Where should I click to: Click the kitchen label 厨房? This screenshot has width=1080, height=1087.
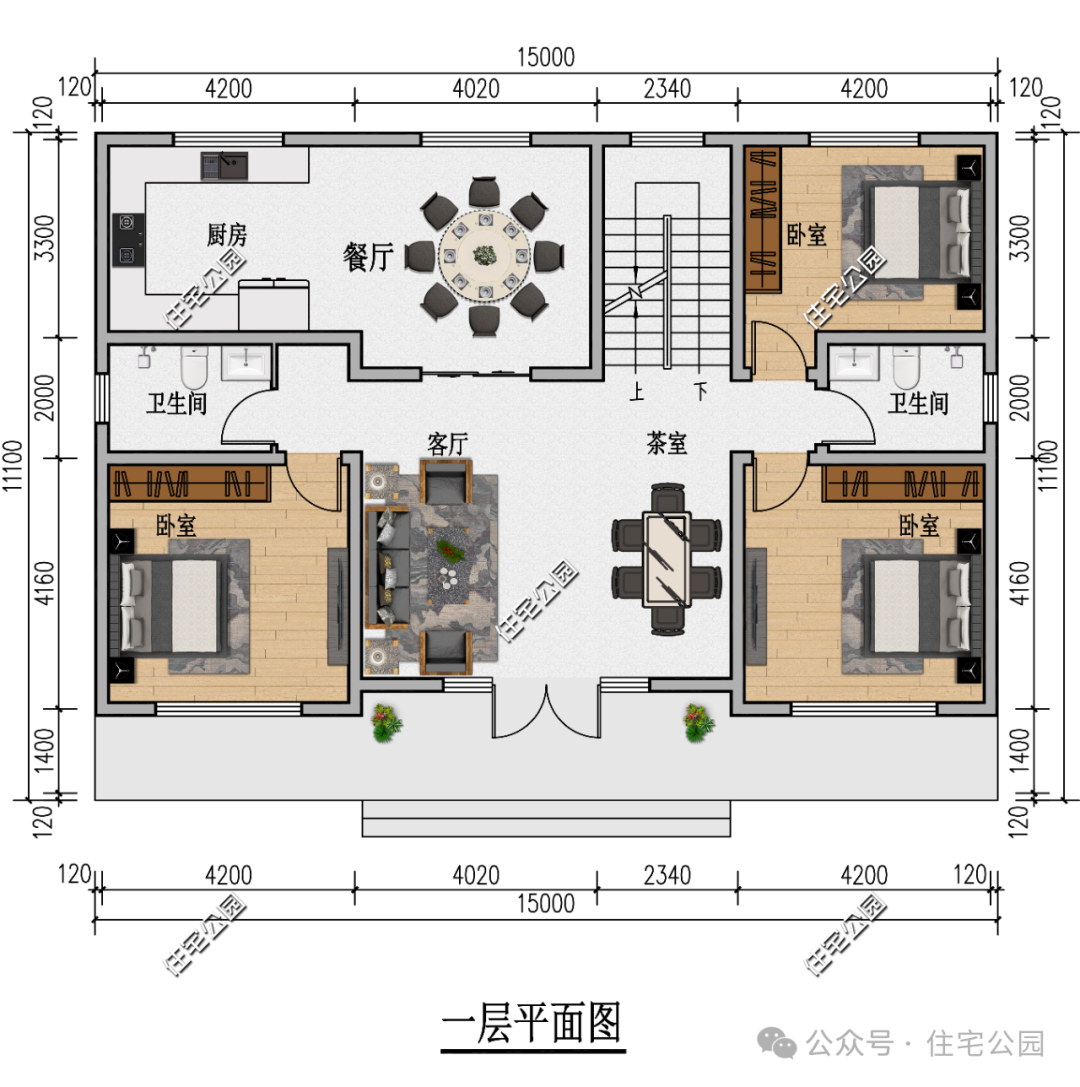click(x=227, y=236)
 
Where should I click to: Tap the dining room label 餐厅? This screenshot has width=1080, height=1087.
click(x=367, y=257)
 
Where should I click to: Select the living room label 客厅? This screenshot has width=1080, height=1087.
click(x=448, y=445)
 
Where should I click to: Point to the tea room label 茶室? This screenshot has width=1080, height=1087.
click(x=667, y=443)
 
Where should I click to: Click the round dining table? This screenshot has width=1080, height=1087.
click(x=485, y=255)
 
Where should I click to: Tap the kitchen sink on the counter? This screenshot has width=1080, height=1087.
click(x=224, y=164)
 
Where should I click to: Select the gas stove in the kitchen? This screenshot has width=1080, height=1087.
click(x=128, y=239)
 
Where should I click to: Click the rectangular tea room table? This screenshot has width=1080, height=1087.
click(x=666, y=558)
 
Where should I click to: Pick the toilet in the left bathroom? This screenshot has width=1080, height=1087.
click(x=194, y=367)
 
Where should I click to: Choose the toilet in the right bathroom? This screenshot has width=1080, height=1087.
click(x=905, y=367)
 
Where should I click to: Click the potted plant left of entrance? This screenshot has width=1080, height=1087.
click(x=386, y=723)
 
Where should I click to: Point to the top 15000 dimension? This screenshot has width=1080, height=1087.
click(x=546, y=58)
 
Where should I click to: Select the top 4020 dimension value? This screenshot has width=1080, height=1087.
click(x=475, y=89)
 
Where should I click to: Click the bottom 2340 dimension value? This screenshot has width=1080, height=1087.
click(x=667, y=875)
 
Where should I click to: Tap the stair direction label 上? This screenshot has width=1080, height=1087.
click(x=636, y=390)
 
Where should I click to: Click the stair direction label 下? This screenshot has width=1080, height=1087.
click(x=702, y=390)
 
